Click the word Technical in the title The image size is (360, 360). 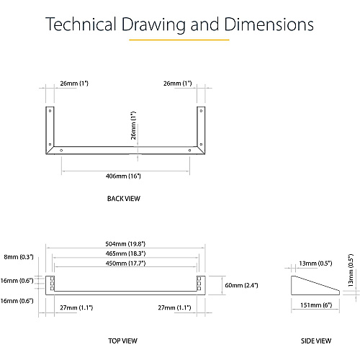click(81, 24)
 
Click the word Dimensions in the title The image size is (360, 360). click(269, 24)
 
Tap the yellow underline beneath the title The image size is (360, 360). click(179, 40)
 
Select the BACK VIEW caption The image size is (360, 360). click(124, 199)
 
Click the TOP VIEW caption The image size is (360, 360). click(122, 341)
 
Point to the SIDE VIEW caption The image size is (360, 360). click(316, 341)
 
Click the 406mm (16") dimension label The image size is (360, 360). click(123, 176)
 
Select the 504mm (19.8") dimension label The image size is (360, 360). click(125, 244)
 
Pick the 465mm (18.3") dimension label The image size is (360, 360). click(125, 253)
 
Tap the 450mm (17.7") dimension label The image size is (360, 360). click(125, 264)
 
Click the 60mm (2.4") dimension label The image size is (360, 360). click(241, 285)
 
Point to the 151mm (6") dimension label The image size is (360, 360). click(316, 305)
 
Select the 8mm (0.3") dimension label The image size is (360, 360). click(19, 257)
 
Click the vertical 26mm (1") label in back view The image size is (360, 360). click(133, 125)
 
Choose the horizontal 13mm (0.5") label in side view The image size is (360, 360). click(315, 264)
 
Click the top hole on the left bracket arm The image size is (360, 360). click(50, 111)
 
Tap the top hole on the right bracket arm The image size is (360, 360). click(201, 111)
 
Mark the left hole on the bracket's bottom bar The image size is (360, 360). click(61, 150)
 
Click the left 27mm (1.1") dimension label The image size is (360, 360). click(76, 307)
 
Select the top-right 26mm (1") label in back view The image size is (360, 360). click(178, 84)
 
